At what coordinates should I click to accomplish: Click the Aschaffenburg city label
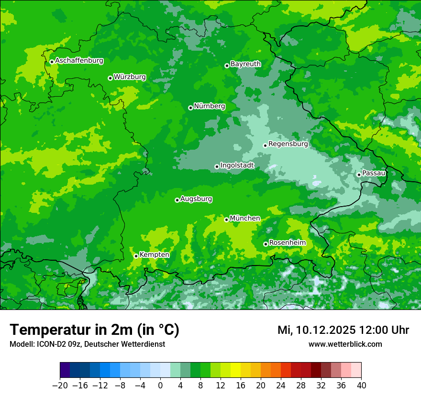point(79,61)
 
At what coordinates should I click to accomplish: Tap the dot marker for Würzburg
point(110,78)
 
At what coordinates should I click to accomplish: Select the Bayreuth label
point(245,64)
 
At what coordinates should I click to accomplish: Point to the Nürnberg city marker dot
point(190,108)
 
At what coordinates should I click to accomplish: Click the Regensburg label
point(288,143)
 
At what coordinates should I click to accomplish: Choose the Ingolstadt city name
point(237,165)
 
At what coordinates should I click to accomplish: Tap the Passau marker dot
point(359,175)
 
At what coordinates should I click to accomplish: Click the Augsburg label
point(196,198)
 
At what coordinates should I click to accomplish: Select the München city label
point(245,218)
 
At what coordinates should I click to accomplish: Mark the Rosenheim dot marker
point(266,244)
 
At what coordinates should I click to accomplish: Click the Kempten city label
point(154,254)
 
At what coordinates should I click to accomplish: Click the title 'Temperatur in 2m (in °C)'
point(94,330)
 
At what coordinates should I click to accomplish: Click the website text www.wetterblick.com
point(345,344)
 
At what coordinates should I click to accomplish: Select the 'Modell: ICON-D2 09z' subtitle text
point(46,344)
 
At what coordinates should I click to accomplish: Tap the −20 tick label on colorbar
point(60,386)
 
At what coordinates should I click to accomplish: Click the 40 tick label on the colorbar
point(361,386)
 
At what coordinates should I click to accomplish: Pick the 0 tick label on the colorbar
point(160,386)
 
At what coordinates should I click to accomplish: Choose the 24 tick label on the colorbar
point(281,386)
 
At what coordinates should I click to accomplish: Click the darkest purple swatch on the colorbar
point(65,370)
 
